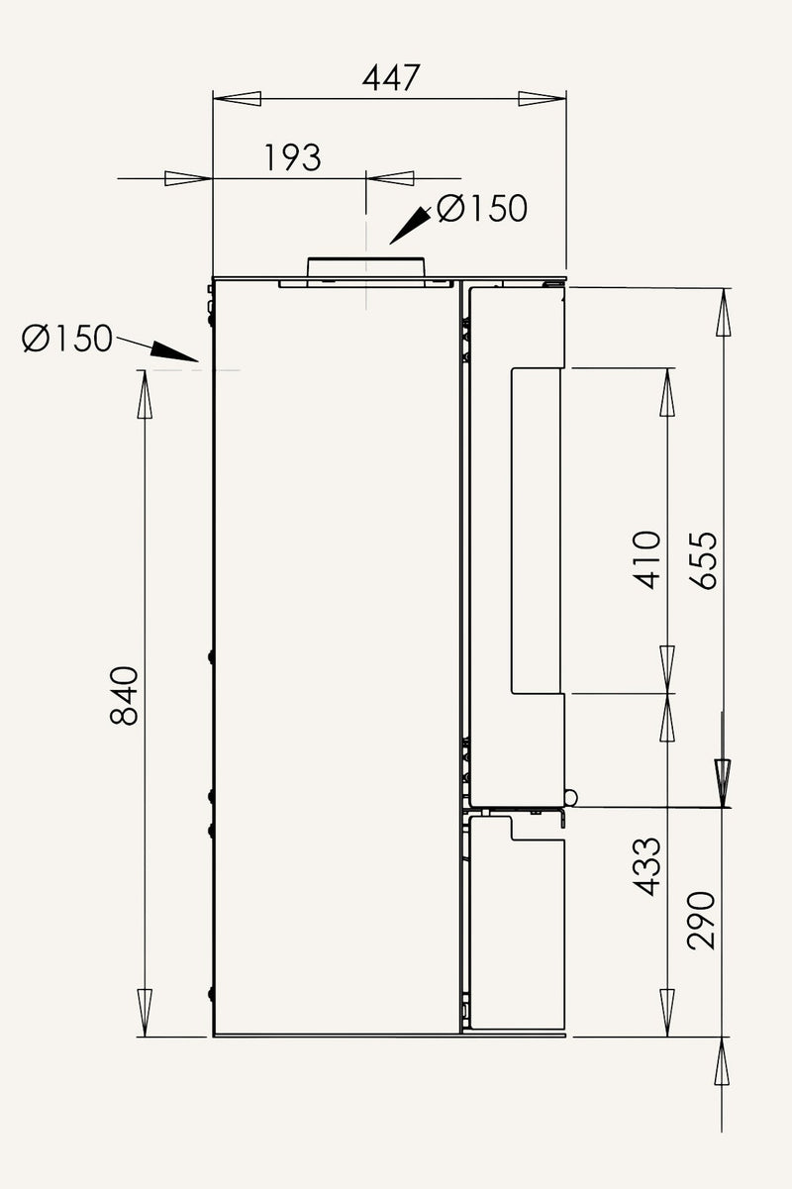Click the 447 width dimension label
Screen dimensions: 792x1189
391,77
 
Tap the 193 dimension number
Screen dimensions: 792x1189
292,157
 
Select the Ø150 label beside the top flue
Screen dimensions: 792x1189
482,208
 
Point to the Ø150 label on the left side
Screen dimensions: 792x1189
67,339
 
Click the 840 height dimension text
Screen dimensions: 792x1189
124,695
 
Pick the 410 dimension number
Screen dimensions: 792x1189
647,560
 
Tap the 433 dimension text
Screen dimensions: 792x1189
647,866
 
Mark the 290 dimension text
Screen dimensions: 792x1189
701,921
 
